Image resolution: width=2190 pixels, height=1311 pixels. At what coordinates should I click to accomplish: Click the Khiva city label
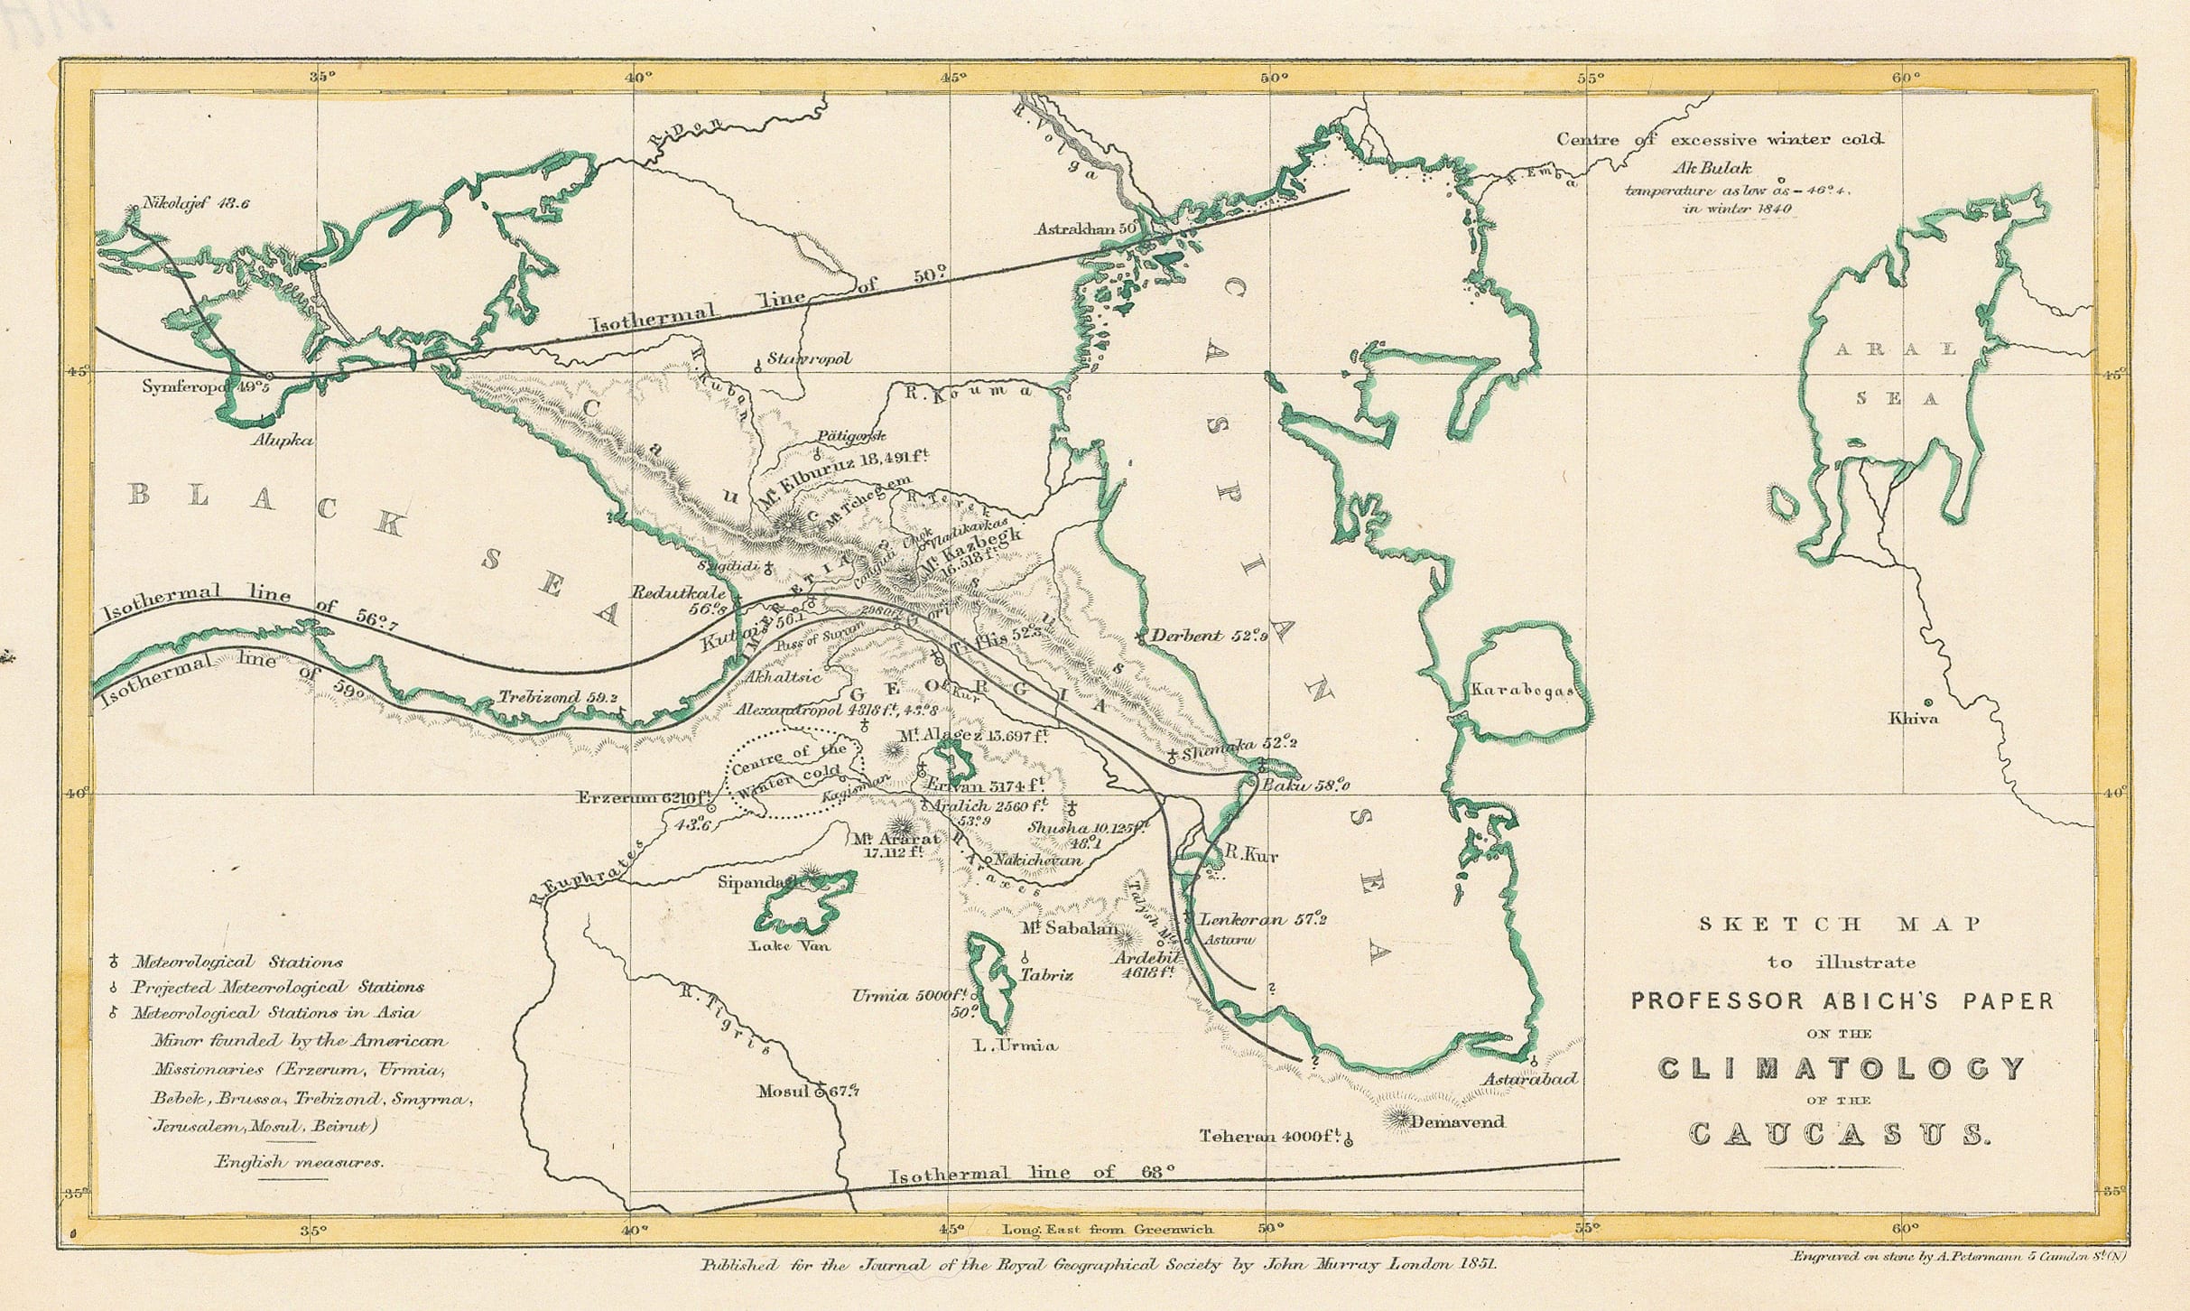click(1913, 719)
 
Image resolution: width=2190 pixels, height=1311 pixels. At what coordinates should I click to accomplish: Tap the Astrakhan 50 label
click(1084, 229)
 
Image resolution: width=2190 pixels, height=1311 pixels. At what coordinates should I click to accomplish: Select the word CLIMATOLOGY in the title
click(1842, 1069)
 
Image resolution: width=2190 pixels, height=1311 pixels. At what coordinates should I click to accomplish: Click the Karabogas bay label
click(1522, 691)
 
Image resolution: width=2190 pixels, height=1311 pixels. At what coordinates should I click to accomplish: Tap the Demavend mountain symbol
click(1397, 1120)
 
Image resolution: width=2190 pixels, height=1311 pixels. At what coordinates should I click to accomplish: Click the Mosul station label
click(784, 1092)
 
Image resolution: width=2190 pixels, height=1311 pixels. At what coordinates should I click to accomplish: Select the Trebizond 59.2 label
click(558, 698)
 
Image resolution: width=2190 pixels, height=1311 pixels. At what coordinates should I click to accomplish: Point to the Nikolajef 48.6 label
click(196, 204)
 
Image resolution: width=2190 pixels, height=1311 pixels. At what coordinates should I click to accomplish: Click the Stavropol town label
click(809, 358)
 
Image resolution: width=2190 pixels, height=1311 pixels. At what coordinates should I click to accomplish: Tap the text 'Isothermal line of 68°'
click(1032, 1174)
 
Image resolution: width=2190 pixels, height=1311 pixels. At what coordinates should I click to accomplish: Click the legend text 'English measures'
click(299, 1162)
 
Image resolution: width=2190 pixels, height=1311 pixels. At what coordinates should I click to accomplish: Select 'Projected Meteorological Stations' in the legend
click(278, 988)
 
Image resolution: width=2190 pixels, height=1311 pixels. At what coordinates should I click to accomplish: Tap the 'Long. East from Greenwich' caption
click(1108, 1230)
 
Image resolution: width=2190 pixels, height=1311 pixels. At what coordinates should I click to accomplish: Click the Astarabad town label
click(1529, 1079)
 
